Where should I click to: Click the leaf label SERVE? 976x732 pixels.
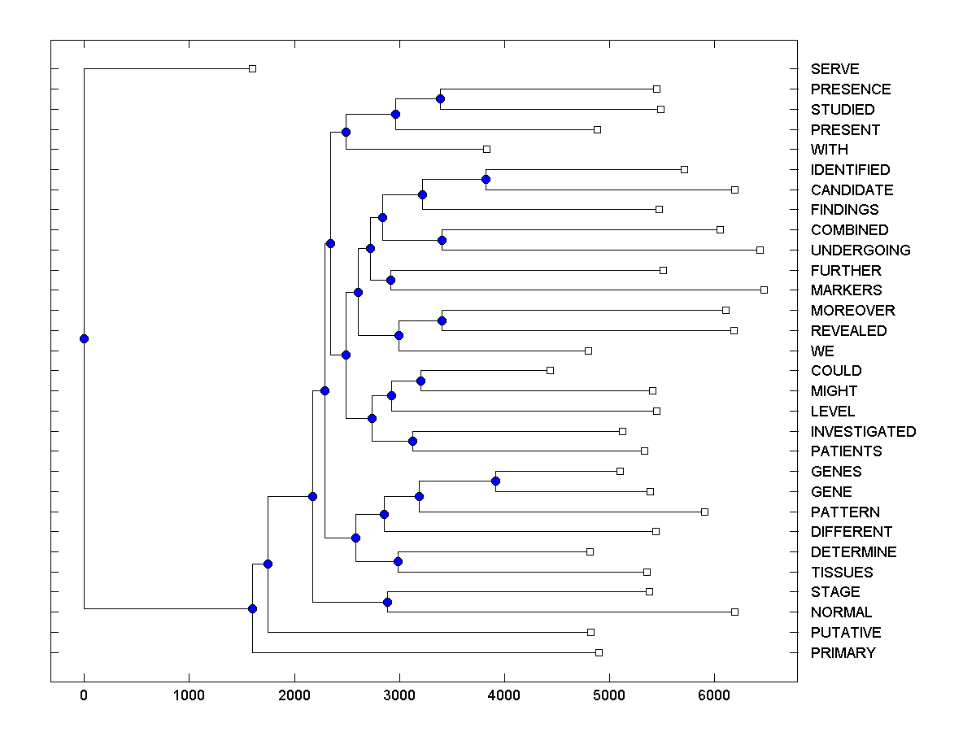834,69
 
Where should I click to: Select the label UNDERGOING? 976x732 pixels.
861,251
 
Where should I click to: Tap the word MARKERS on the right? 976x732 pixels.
846,290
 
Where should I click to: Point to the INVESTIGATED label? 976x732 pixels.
863,432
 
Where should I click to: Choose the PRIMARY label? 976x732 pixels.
843,653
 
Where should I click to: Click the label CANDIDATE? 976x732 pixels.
852,190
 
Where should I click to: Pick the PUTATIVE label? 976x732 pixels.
846,633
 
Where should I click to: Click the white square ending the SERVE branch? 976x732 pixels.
252,68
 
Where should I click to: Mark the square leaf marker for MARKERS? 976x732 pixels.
764,290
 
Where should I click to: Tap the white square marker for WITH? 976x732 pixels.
486,149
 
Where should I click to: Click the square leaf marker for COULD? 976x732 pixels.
550,370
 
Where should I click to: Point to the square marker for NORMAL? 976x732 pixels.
734,612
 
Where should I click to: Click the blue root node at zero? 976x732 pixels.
84,338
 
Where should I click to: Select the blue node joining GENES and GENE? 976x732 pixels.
495,481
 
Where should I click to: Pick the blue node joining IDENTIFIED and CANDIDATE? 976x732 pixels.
486,179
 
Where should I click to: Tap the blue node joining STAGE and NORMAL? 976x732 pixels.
387,602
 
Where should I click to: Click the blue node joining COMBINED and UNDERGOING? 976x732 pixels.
442,240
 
